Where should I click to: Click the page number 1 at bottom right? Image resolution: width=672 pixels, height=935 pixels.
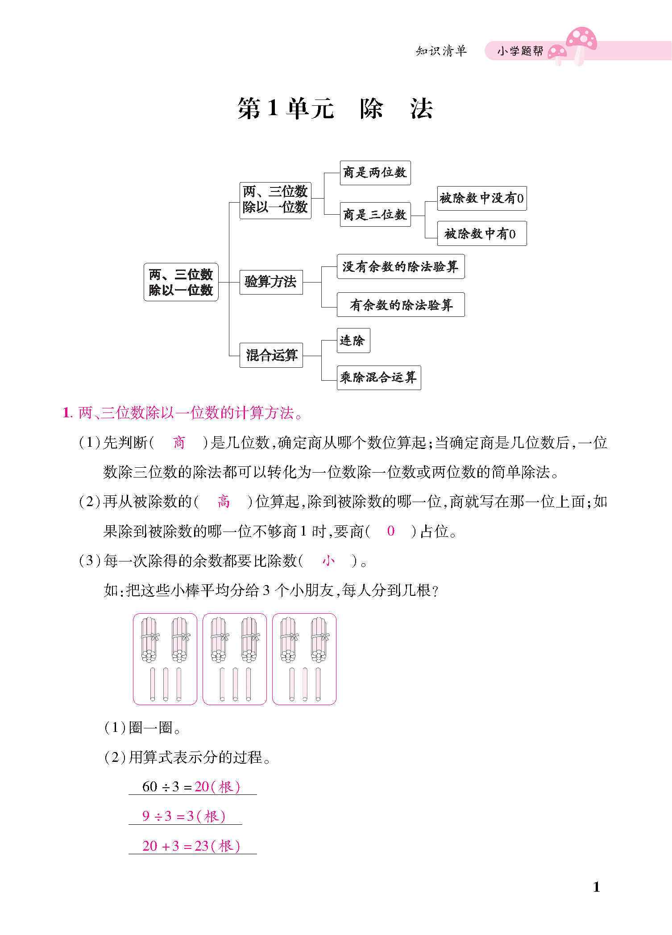click(597, 887)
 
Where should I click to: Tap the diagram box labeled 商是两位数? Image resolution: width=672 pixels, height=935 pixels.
click(375, 173)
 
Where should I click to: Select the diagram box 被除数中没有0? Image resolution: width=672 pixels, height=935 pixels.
click(482, 198)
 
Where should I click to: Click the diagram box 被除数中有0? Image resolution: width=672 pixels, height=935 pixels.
click(482, 233)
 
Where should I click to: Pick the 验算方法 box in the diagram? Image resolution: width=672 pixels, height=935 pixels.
click(271, 282)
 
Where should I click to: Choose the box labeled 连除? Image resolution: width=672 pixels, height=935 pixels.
click(353, 341)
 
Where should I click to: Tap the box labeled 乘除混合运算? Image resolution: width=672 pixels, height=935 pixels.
click(379, 378)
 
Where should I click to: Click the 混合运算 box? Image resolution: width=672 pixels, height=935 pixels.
click(271, 355)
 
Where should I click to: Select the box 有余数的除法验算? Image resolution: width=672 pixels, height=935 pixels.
click(401, 305)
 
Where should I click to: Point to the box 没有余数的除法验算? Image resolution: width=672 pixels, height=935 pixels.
click(401, 266)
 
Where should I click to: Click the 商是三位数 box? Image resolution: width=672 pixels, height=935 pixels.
click(375, 215)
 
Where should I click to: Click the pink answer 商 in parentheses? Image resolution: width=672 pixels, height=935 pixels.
click(179, 443)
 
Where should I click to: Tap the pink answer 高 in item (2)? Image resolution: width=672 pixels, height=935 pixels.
click(224, 502)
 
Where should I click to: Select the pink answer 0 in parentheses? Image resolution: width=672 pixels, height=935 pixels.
click(391, 531)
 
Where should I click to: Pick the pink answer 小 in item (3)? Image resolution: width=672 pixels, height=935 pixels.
click(328, 561)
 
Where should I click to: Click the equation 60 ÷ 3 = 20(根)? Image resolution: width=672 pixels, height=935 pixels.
click(191, 787)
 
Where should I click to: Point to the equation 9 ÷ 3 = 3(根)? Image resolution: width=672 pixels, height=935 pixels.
click(184, 816)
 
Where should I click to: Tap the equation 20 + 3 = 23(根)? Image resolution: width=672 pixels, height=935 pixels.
click(191, 846)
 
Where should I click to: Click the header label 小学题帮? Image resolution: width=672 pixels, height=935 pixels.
click(520, 51)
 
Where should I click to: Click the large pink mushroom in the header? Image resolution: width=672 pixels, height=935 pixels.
click(581, 45)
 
